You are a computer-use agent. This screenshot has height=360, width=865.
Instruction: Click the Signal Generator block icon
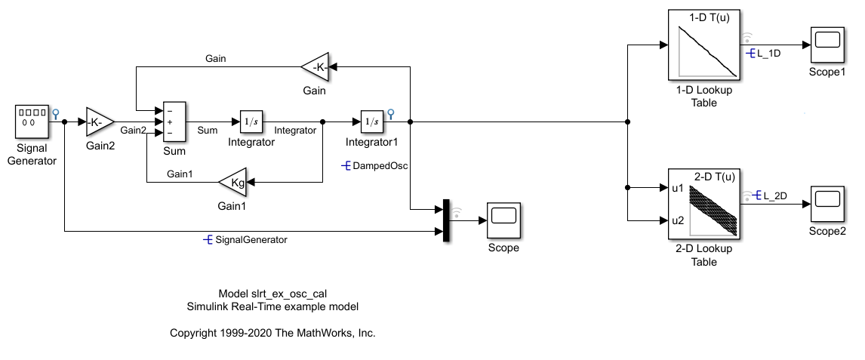click(33, 121)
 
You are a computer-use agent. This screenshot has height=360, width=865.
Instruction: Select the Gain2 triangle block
click(99, 121)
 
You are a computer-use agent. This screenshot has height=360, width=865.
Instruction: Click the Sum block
click(174, 121)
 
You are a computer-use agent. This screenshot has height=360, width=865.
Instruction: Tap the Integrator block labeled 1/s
click(251, 121)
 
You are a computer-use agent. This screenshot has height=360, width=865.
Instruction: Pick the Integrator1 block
click(371, 121)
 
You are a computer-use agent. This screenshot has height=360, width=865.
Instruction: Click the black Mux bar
click(446, 221)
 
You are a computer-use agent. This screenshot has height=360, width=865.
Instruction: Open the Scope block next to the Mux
click(503, 221)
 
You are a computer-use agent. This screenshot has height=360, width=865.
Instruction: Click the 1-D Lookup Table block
click(706, 45)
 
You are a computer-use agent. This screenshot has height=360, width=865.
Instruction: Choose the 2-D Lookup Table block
click(706, 205)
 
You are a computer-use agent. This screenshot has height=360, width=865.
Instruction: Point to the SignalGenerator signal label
click(251, 240)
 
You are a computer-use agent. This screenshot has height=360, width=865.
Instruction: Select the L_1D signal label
click(768, 54)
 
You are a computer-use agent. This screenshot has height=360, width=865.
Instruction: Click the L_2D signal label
click(774, 196)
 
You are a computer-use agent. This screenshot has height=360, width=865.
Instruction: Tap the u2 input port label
click(679, 220)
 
